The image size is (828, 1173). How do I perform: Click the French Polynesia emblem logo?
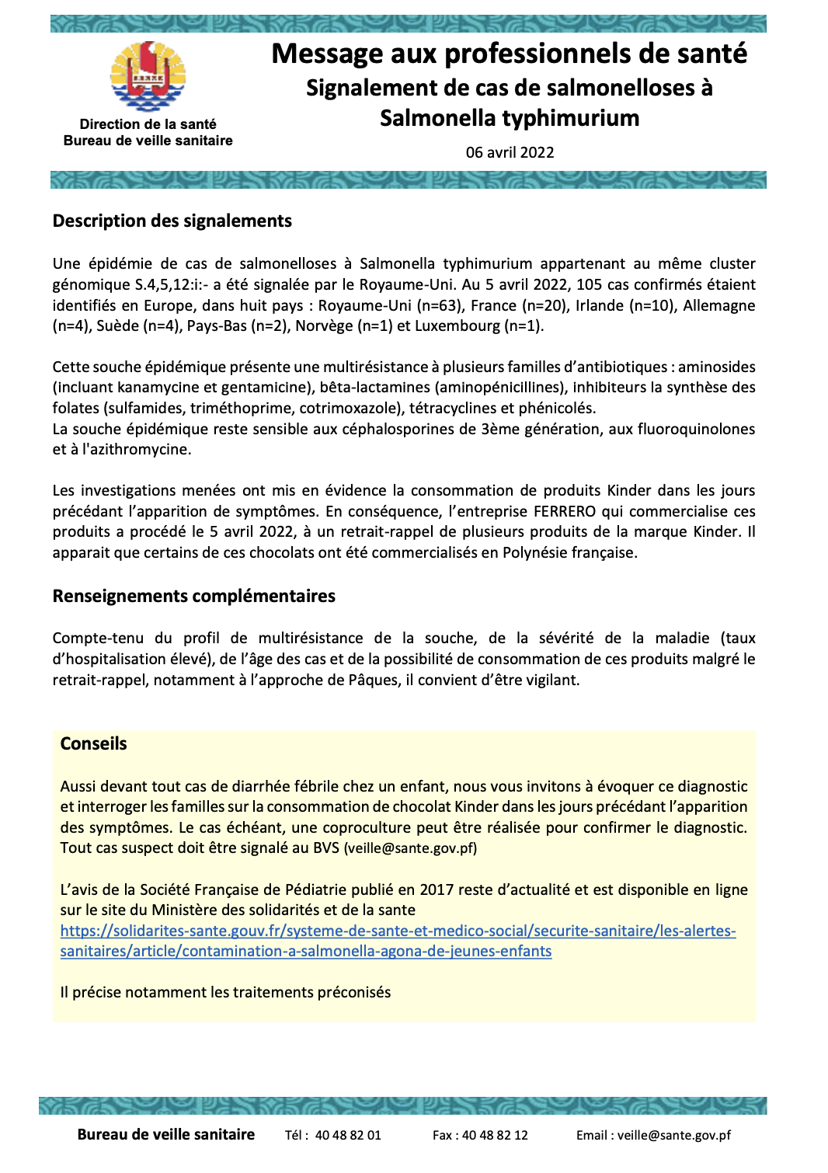(148, 77)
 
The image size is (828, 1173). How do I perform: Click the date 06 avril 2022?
(510, 152)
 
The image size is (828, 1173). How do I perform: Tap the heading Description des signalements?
(172, 221)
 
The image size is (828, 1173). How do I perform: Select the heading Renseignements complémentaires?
(193, 597)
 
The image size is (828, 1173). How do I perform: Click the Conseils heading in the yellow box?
(93, 744)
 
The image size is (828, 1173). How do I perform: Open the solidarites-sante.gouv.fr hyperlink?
(398, 931)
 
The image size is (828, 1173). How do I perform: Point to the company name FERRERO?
(565, 511)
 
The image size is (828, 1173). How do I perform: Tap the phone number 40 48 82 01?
(348, 1135)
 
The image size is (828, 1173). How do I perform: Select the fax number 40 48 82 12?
(495, 1135)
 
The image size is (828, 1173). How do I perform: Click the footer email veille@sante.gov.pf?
(673, 1135)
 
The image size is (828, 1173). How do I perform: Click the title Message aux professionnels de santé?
(509, 54)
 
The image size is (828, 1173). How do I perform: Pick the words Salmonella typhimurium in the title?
(509, 118)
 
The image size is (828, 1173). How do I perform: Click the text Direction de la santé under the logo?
(148, 124)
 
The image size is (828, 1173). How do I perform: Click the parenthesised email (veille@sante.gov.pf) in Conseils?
(410, 848)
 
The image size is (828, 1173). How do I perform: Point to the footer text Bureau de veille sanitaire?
(165, 1135)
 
